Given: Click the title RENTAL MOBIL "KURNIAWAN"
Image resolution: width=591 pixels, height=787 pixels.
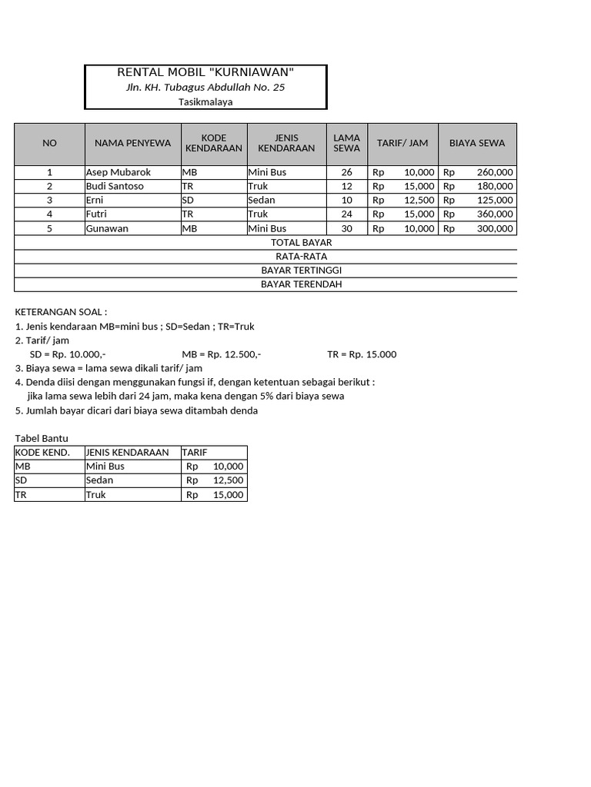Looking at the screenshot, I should [x=205, y=72].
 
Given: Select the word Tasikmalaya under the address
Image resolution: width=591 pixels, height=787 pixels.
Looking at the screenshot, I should [x=205, y=101].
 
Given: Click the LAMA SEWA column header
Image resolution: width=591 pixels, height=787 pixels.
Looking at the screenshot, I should [x=347, y=143].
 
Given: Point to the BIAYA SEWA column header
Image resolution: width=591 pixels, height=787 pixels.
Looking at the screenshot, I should [x=477, y=143].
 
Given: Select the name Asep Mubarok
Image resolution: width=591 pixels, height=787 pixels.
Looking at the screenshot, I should [x=119, y=172].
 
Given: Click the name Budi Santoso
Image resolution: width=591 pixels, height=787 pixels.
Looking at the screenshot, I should [x=115, y=186].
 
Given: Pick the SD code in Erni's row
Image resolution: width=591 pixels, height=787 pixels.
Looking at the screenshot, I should [x=188, y=200].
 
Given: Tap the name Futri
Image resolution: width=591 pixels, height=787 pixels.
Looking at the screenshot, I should [x=97, y=214].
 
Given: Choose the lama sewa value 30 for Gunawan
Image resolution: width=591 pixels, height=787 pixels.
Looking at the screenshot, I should [x=346, y=228].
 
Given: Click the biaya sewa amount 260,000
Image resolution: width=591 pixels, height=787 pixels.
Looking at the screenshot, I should [x=494, y=172].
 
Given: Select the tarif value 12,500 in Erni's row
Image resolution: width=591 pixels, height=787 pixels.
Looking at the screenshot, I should [x=419, y=200].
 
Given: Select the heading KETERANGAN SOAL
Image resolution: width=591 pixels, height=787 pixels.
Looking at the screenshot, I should [x=62, y=312].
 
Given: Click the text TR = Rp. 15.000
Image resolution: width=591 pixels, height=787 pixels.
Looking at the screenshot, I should [x=362, y=354].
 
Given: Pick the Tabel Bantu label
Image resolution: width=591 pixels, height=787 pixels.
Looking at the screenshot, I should [x=42, y=438].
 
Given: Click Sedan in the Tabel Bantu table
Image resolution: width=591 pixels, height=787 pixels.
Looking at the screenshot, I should [x=100, y=480].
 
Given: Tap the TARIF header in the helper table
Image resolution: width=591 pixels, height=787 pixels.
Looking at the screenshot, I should [x=195, y=453].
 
